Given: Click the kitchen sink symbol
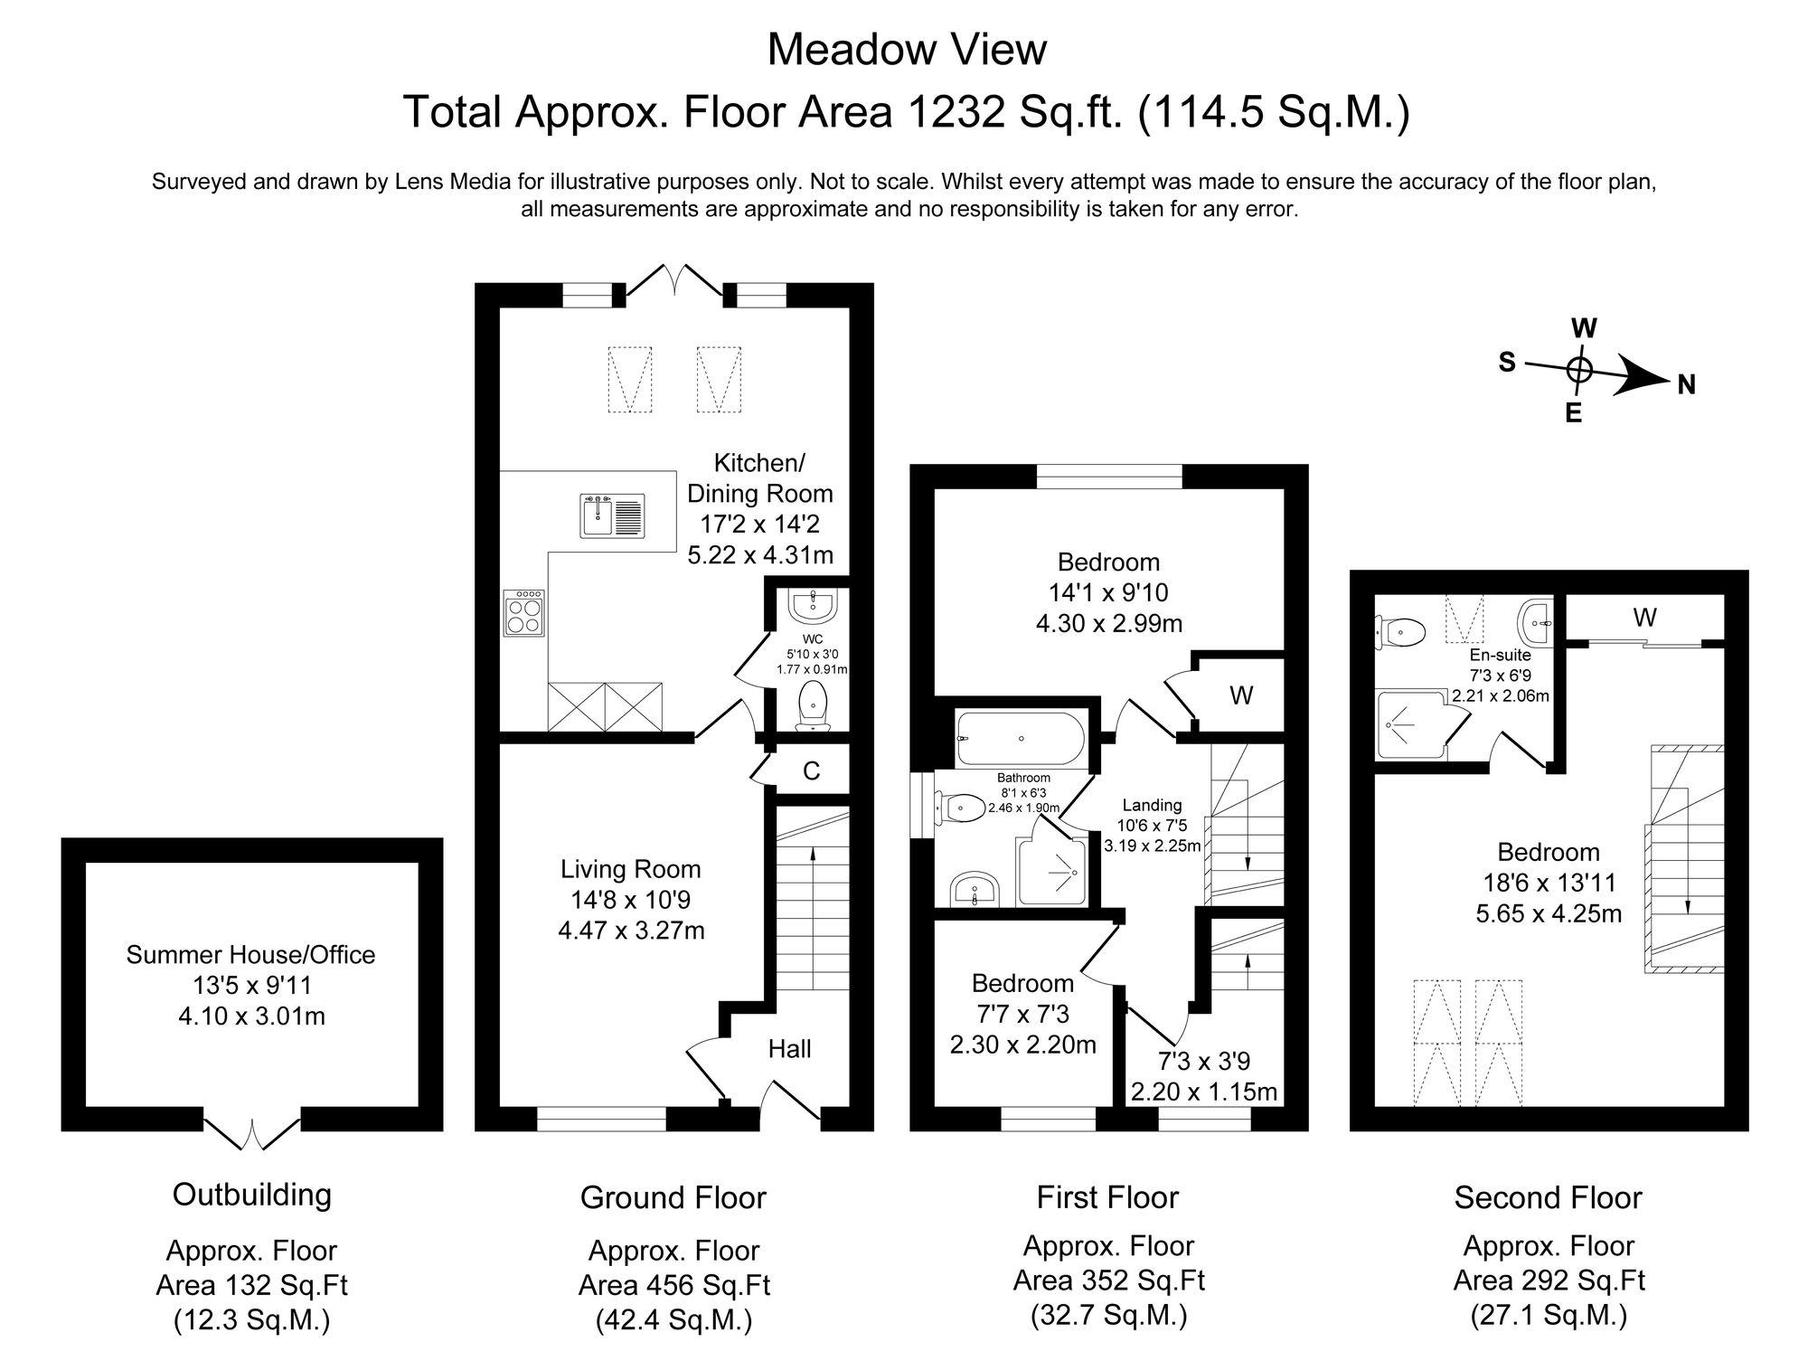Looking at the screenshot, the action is pyautogui.click(x=612, y=515).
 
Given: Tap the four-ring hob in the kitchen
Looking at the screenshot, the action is pyautogui.click(x=525, y=612).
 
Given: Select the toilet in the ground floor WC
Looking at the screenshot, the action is pyautogui.click(x=814, y=705).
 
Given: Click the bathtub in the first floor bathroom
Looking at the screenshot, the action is pyautogui.click(x=1019, y=739).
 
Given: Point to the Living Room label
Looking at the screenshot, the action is pyautogui.click(x=631, y=869).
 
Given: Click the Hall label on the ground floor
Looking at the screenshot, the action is pyautogui.click(x=789, y=1049).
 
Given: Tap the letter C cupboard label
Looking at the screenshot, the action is pyautogui.click(x=811, y=771).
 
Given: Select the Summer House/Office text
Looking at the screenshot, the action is pyautogui.click(x=250, y=955).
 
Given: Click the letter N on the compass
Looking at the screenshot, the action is pyautogui.click(x=1686, y=385).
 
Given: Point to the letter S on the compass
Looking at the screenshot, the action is pyautogui.click(x=1506, y=363).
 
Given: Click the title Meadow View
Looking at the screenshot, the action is pyautogui.click(x=907, y=50).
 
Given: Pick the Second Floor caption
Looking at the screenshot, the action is pyautogui.click(x=1548, y=1197).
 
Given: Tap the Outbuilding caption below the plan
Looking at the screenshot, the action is pyautogui.click(x=252, y=1195).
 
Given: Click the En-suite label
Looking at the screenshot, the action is pyautogui.click(x=1501, y=655).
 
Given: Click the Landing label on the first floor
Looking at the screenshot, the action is pyautogui.click(x=1152, y=805).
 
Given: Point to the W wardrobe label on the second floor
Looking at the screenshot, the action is pyautogui.click(x=1644, y=618).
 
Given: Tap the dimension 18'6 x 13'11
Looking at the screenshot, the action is pyautogui.click(x=1549, y=883).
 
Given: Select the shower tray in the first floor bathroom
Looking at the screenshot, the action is pyautogui.click(x=1053, y=872).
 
